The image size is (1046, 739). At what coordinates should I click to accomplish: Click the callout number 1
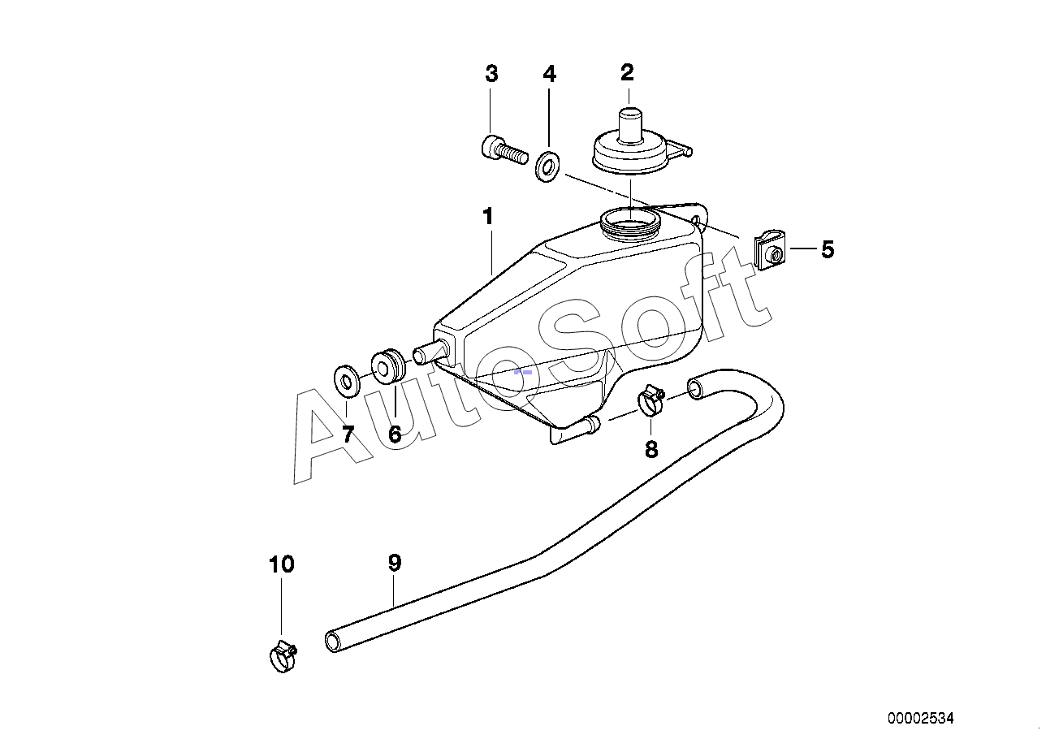pos(488,217)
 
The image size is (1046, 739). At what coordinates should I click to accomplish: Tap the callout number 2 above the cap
pos(627,72)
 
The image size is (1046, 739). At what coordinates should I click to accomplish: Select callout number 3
pos(491,74)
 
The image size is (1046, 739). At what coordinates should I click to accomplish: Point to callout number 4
pos(550,74)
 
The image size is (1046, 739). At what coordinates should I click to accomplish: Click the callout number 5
pos(828,250)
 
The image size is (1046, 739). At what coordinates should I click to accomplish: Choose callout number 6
pos(395,434)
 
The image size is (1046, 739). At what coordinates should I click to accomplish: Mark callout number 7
pos(348,434)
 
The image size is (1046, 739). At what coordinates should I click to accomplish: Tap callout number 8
pos(651,450)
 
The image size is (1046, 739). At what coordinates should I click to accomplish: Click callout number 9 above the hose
pos(395,564)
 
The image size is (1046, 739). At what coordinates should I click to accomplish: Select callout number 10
pos(282,564)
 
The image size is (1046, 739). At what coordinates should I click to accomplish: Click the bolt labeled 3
pos(504,148)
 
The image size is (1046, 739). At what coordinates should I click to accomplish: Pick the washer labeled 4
pos(547,166)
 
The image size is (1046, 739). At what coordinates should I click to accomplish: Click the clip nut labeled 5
pos(770,250)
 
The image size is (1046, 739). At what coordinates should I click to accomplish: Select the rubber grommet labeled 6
pos(388,366)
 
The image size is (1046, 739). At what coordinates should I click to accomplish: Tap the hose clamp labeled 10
pos(283,656)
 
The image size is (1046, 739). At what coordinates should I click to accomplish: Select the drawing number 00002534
pos(921,718)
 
